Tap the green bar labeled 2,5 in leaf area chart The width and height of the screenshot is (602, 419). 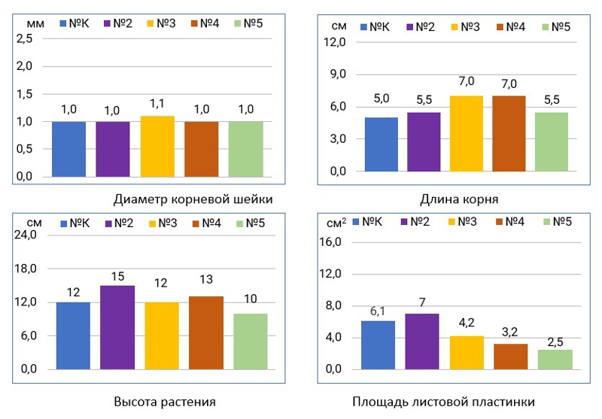(x=555, y=359)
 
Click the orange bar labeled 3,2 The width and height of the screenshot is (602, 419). (x=511, y=356)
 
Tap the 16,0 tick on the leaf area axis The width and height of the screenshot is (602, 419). (x=332, y=242)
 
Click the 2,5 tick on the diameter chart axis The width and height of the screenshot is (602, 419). (x=24, y=38)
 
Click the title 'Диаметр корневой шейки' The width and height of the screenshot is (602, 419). (x=193, y=199)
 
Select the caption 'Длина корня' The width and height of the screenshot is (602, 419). (x=459, y=199)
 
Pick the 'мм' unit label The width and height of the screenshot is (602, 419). (x=35, y=23)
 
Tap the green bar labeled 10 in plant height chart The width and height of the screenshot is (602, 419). (x=250, y=341)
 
